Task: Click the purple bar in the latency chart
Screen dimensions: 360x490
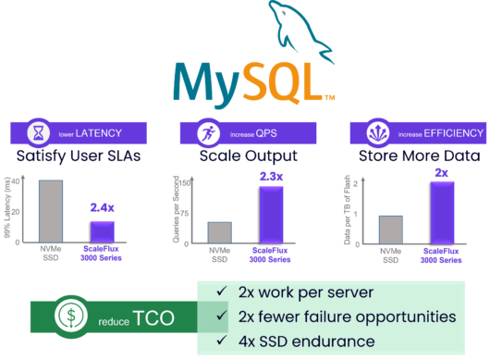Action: click(x=102, y=230)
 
